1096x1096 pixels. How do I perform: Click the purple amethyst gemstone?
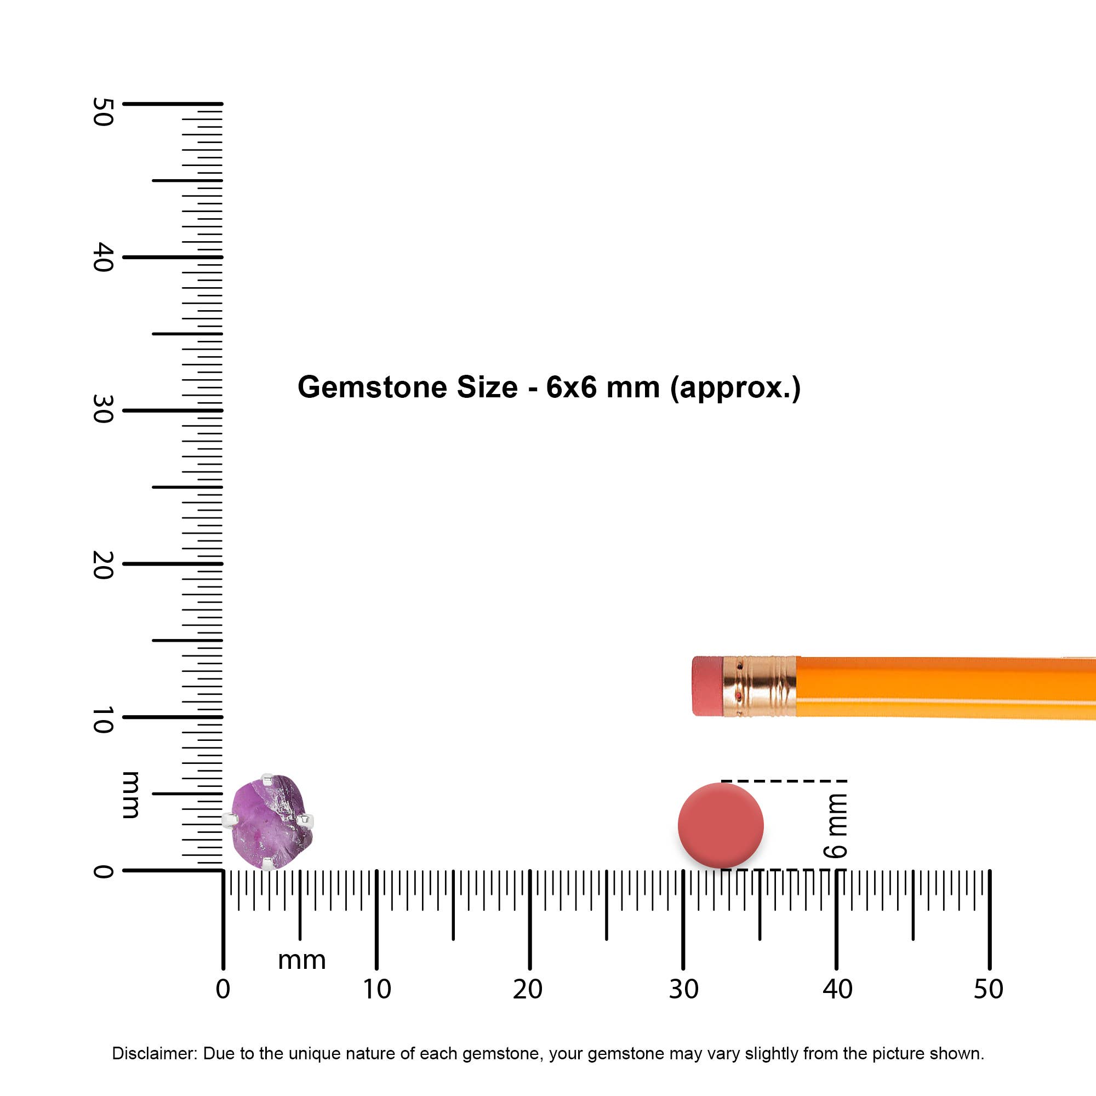pos(272,822)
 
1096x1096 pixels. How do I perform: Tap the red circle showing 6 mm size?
pos(721,825)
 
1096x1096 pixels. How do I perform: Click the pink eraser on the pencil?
pos(707,686)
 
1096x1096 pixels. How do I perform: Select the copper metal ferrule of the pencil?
pos(760,687)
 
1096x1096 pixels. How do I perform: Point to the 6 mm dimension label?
pos(836,825)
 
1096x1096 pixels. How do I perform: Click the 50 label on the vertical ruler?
pos(102,112)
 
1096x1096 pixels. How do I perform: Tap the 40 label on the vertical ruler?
pos(102,257)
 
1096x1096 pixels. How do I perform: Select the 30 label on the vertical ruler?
pos(102,409)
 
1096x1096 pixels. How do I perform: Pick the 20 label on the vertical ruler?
pos(102,565)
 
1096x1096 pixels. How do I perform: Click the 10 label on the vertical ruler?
pos(102,720)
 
